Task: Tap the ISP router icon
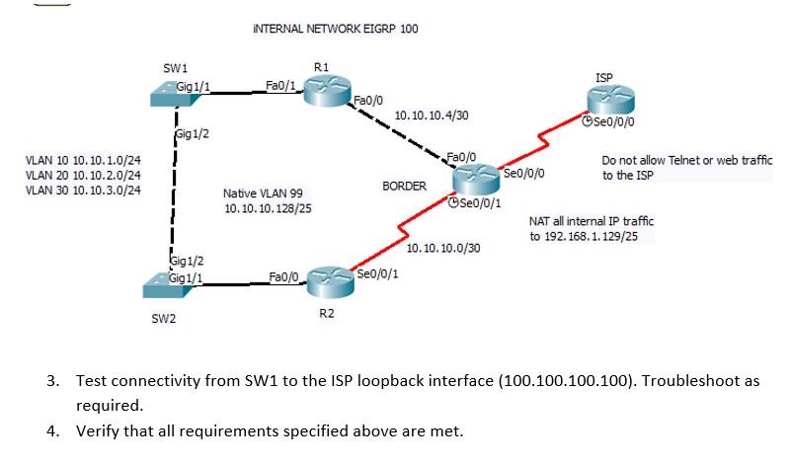607,101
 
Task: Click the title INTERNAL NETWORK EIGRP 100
336,29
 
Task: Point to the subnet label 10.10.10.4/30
431,116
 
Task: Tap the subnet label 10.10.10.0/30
443,248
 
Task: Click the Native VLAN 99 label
264,194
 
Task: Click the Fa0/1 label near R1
280,86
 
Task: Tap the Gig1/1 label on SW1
193,87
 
